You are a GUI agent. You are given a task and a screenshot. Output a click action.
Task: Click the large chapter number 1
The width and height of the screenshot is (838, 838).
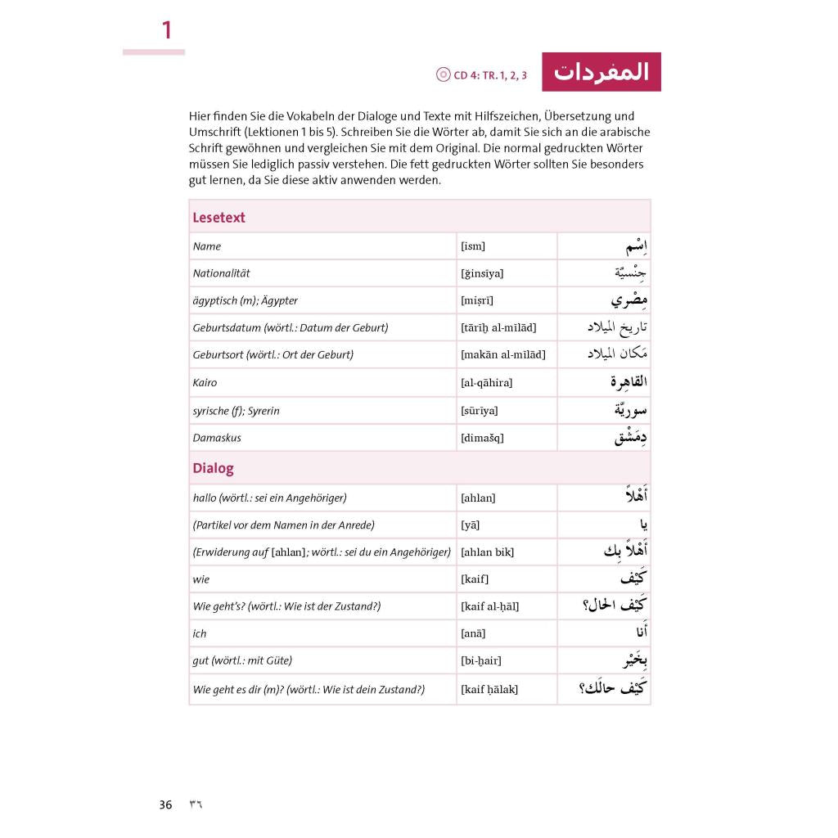tap(167, 31)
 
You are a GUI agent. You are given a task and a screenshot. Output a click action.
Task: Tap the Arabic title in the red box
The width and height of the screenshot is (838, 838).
tap(601, 72)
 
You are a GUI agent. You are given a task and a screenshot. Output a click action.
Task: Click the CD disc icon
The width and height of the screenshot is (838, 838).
tap(444, 74)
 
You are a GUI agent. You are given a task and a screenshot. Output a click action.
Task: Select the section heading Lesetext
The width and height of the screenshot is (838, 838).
tap(219, 218)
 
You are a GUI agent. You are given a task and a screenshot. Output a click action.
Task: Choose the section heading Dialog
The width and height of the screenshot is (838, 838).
tap(213, 469)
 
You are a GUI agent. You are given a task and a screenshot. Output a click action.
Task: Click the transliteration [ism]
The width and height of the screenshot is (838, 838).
tap(473, 246)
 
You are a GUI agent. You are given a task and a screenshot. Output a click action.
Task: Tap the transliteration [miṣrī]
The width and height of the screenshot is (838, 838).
tap(477, 301)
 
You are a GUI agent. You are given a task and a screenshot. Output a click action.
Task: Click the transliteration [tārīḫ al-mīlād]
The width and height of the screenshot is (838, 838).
tap(498, 328)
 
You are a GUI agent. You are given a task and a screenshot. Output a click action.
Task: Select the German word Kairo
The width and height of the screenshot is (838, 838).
tap(205, 383)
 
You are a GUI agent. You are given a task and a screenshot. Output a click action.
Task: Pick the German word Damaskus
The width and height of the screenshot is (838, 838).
tap(217, 438)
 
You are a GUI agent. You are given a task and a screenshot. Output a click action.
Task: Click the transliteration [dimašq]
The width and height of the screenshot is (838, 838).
tap(482, 438)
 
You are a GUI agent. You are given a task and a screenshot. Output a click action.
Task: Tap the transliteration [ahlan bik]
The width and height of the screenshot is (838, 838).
tap(487, 552)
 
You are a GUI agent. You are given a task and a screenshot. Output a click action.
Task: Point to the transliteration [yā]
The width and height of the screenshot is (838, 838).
tap(471, 525)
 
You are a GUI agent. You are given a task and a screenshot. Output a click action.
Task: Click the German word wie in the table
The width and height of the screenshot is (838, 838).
tap(201, 580)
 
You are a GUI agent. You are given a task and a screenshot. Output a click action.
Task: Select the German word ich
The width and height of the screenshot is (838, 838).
tap(200, 634)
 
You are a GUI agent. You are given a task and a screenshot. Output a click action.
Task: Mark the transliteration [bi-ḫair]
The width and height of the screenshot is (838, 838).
tap(481, 661)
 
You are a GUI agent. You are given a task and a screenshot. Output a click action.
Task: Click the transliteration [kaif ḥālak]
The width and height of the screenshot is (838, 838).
tap(489, 689)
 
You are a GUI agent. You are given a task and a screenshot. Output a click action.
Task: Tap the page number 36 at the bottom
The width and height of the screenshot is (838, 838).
tap(166, 804)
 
